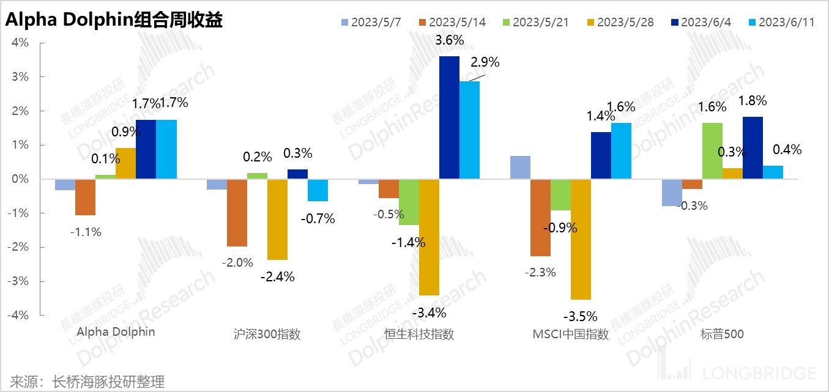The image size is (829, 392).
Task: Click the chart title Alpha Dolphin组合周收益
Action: pyautogui.click(x=114, y=21)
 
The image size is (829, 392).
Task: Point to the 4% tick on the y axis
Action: pyautogui.click(x=21, y=43)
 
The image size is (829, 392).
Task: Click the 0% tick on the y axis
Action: pyautogui.click(x=21, y=179)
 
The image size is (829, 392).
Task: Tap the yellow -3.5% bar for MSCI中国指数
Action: pyautogui.click(x=581, y=239)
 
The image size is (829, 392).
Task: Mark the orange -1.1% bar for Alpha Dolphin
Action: pyautogui.click(x=85, y=197)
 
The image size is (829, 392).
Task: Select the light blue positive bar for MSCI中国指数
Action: pyautogui.click(x=520, y=168)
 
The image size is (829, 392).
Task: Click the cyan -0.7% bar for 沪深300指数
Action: pyautogui.click(x=318, y=190)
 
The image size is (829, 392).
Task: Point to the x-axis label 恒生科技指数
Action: pyautogui.click(x=419, y=335)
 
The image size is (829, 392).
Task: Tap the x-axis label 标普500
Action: pyautogui.click(x=722, y=335)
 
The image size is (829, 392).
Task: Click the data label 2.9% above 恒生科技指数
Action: pyautogui.click(x=485, y=62)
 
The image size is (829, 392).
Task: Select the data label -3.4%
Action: pyautogui.click(x=429, y=313)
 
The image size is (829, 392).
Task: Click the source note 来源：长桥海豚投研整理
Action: pyautogui.click(x=87, y=382)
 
